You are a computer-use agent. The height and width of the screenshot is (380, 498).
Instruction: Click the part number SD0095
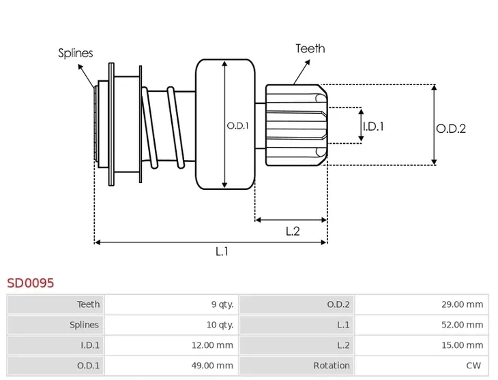(30, 282)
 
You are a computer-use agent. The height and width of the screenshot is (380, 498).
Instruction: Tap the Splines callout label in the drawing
(75, 53)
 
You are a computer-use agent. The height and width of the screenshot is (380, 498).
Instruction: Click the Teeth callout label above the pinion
(310, 48)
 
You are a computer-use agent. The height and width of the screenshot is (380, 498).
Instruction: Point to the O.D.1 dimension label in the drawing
(237, 125)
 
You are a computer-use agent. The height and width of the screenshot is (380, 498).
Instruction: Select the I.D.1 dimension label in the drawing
(373, 126)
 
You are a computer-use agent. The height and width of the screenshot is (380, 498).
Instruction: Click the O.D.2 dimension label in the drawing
(451, 128)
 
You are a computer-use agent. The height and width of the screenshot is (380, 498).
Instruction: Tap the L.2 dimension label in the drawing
(292, 231)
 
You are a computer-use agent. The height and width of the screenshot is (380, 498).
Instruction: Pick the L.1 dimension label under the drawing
(222, 251)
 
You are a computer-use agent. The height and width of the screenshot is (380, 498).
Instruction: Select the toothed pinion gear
(295, 125)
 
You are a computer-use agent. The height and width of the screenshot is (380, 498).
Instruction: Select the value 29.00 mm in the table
(462, 304)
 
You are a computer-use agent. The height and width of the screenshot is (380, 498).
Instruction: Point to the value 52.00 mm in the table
(462, 325)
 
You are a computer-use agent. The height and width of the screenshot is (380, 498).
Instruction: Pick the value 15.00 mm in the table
(462, 345)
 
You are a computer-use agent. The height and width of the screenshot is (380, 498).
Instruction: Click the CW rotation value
(475, 366)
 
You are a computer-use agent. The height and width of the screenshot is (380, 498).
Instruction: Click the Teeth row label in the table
(88, 304)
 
